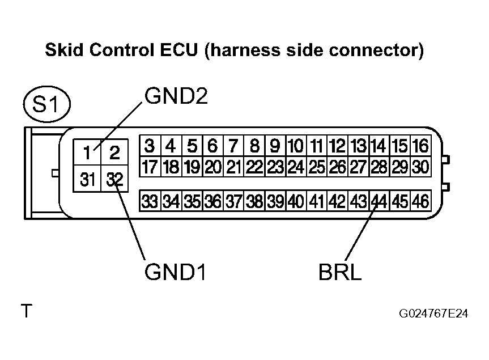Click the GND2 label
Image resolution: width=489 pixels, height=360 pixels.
176,96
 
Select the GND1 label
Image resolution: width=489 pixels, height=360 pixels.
174,273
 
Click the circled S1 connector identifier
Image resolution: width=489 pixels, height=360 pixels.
46,105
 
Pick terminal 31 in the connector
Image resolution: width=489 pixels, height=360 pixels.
87,180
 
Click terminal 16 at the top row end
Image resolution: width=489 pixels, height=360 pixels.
420,146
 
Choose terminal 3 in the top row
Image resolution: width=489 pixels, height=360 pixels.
150,146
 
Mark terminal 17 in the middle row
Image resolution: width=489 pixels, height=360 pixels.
150,167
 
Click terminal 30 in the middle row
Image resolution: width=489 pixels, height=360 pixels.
420,167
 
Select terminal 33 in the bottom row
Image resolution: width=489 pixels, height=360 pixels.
150,201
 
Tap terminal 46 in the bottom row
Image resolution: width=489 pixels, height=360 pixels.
420,201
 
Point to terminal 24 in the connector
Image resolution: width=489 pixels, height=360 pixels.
295,167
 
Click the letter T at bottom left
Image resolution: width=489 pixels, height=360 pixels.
26,311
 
